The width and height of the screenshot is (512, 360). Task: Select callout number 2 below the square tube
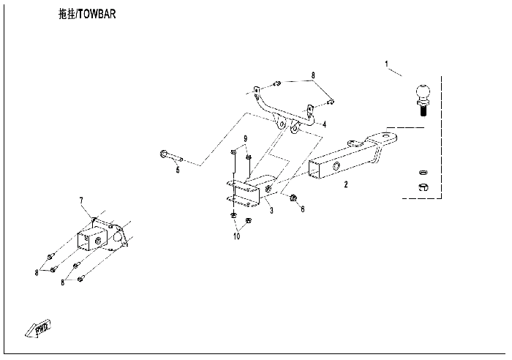[346, 185]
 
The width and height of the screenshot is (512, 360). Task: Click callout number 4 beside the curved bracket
[325, 124]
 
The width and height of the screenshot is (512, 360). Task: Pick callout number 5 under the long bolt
[177, 170]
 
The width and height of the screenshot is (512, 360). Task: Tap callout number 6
[303, 209]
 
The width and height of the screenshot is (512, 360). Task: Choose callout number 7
[82, 199]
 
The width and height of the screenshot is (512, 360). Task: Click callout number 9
[246, 139]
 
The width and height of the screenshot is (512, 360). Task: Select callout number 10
[236, 236]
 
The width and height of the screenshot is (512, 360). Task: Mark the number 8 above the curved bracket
[313, 75]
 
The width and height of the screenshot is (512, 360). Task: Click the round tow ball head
[424, 93]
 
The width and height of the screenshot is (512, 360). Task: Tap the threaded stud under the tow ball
[424, 110]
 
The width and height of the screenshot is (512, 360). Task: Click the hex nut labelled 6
[293, 198]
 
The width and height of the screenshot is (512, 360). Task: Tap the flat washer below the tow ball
[423, 173]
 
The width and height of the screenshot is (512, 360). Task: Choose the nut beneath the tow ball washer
[423, 189]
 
